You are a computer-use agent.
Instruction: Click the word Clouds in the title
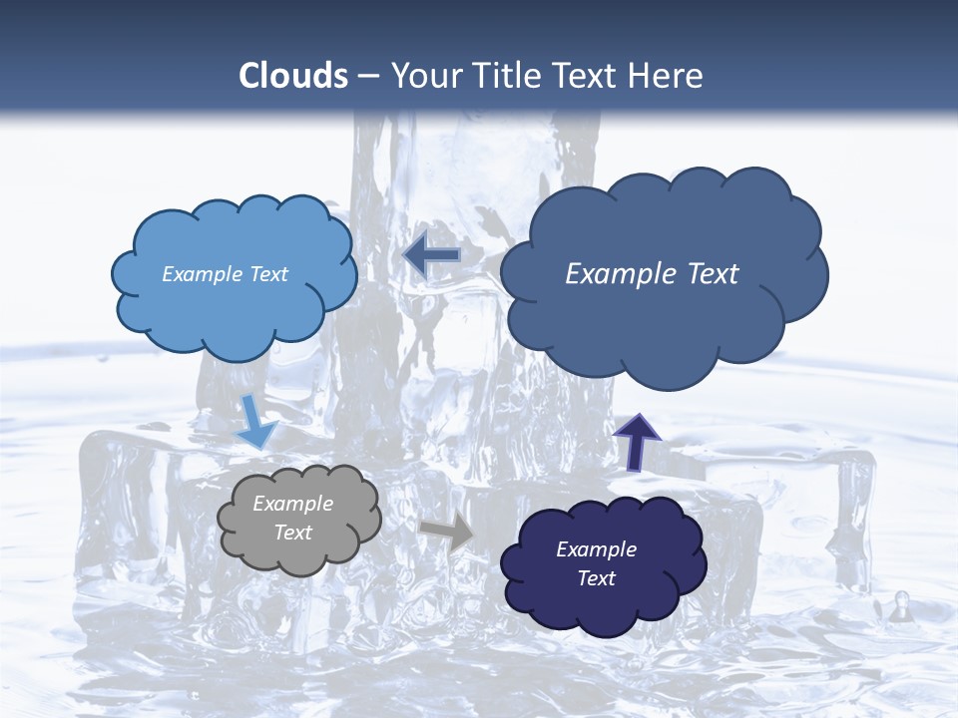[292, 76]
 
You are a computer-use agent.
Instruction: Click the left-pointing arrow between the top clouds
[431, 256]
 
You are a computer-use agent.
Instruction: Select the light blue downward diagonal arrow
[255, 423]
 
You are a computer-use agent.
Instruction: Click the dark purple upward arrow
[636, 441]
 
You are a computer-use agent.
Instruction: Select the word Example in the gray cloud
[292, 504]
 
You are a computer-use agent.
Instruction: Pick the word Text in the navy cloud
[596, 578]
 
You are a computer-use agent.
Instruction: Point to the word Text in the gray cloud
[292, 533]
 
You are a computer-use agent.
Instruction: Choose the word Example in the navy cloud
[596, 549]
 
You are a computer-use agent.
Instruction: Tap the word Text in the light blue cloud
[269, 274]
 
